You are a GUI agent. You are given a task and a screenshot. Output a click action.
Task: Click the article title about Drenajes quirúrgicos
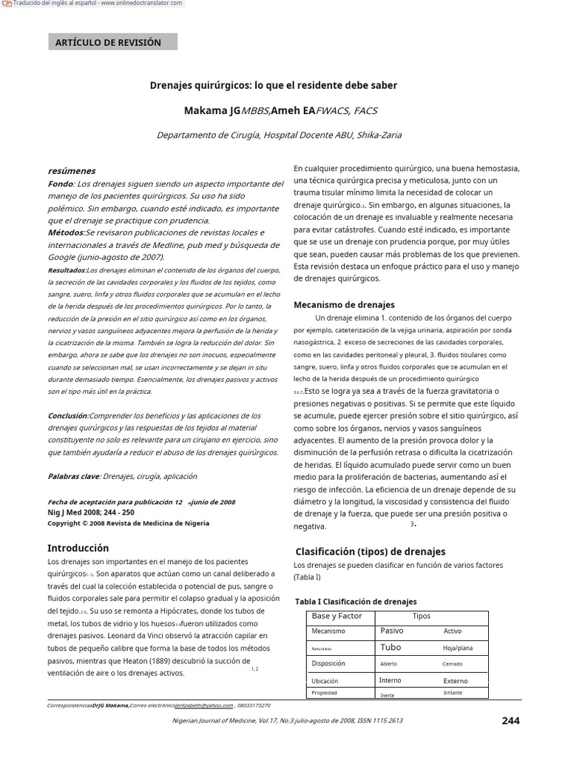(274, 85)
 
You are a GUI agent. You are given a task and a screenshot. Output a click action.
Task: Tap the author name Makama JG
(212, 111)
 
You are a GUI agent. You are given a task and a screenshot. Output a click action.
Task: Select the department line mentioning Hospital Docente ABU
(279, 135)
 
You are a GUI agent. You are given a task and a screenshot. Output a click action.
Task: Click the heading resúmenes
(71, 171)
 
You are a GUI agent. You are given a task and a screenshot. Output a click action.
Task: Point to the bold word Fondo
(61, 184)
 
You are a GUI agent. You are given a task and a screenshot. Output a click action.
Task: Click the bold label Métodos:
(64, 232)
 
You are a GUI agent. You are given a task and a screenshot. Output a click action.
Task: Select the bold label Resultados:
(67, 270)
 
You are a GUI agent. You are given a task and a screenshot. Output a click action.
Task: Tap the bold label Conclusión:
(68, 416)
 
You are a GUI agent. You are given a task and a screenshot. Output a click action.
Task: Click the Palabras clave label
(73, 476)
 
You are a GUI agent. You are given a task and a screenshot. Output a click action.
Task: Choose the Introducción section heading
(78, 549)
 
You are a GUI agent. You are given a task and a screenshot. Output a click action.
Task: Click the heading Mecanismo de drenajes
(344, 304)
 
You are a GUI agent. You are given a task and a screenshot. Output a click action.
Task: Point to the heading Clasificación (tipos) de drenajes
(371, 551)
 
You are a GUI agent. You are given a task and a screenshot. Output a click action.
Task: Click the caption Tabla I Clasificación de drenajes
(356, 601)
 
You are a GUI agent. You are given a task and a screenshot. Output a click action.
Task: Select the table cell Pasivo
(391, 631)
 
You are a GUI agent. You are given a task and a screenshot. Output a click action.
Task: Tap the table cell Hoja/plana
(457, 648)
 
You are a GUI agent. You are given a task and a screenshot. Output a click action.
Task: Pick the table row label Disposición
(328, 663)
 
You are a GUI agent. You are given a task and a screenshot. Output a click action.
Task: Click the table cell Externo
(456, 681)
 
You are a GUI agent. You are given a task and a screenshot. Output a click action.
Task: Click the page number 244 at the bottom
(510, 721)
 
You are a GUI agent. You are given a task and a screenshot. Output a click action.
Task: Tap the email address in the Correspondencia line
(199, 706)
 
